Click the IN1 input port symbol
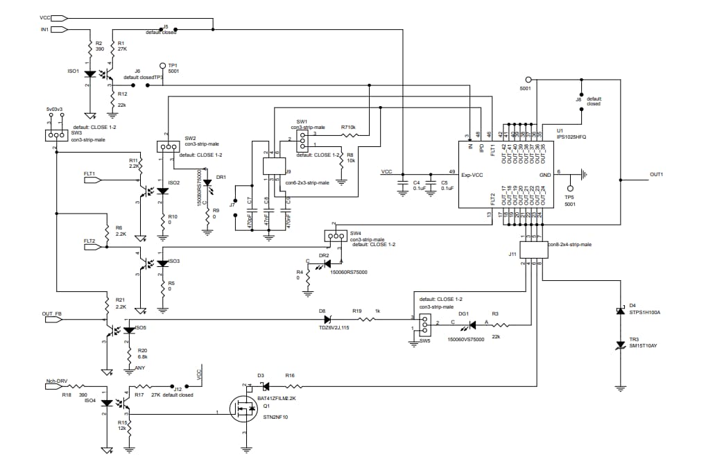[x=60, y=30]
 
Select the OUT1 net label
[x=656, y=174]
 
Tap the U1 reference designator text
[x=560, y=130]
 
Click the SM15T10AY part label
[x=644, y=345]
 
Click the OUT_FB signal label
[x=53, y=313]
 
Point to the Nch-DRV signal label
[x=56, y=381]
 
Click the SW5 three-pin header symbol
[x=424, y=323]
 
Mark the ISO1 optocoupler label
[x=73, y=71]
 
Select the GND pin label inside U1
[x=545, y=174]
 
